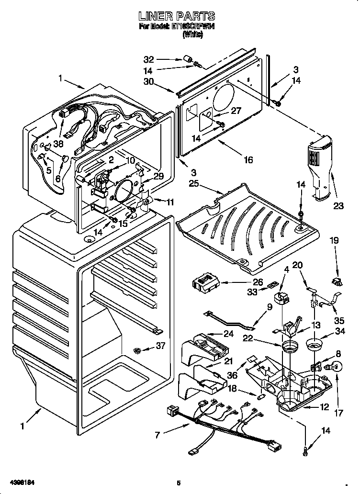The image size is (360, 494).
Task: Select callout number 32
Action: tap(149, 60)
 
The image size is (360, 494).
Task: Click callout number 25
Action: tap(194, 184)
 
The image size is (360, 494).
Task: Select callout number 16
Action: tap(247, 160)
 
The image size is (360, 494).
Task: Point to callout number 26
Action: tap(258, 282)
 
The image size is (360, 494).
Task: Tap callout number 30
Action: tap(149, 81)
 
